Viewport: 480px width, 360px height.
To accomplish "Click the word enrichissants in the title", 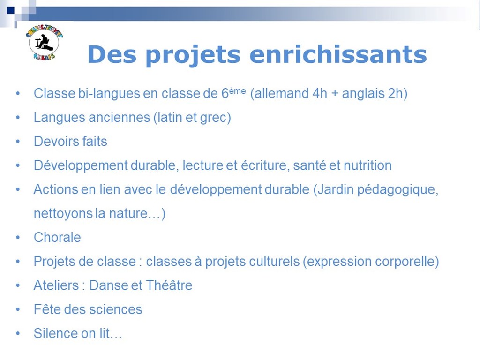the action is click(x=338, y=54).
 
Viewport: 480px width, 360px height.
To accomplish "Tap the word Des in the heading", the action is click(x=112, y=54).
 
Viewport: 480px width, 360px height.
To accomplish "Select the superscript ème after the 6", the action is click(x=237, y=90).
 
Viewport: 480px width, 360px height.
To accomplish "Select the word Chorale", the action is click(x=57, y=237).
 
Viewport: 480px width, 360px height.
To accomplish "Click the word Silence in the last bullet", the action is click(x=53, y=333).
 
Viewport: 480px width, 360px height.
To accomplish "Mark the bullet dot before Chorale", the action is click(x=18, y=238).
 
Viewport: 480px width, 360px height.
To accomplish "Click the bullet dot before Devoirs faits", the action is click(x=18, y=142).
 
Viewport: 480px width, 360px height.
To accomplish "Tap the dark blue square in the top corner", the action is click(x=10, y=10).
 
